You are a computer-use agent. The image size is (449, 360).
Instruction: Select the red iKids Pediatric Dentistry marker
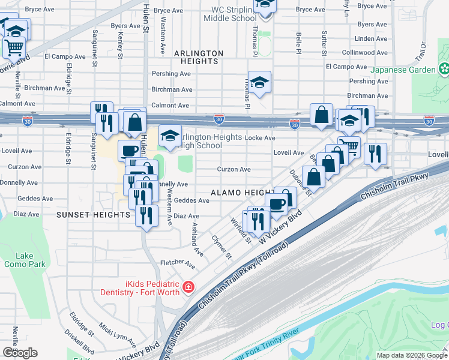tap(188, 287)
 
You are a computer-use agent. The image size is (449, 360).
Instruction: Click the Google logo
tap(20, 353)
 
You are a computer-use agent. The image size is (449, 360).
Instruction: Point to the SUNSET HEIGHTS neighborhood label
tap(85, 214)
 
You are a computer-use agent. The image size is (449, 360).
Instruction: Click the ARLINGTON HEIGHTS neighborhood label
tap(199, 57)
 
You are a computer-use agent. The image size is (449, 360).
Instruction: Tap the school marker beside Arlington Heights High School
tap(170, 136)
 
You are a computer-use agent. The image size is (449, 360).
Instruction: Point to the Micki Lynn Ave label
tap(118, 336)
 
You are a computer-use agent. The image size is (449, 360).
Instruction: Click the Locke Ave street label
tap(260, 137)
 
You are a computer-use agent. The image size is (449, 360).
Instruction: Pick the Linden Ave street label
tap(372, 38)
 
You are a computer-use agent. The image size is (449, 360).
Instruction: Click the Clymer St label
tap(221, 247)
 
